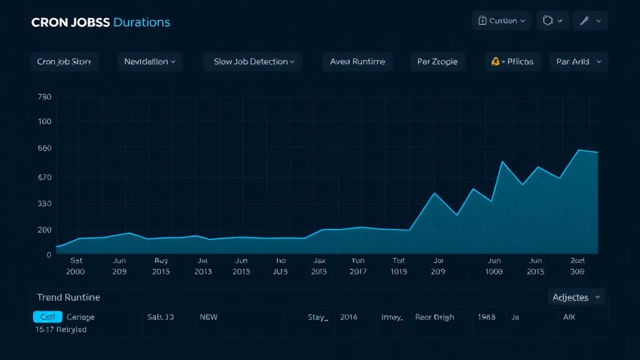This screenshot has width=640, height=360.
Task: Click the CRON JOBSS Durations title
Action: [x=100, y=22]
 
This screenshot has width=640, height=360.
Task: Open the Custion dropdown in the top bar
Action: [x=502, y=21]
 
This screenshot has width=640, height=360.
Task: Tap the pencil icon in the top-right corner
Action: [x=590, y=21]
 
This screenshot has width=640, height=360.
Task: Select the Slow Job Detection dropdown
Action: [x=252, y=61]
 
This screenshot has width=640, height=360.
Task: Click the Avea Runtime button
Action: [x=357, y=61]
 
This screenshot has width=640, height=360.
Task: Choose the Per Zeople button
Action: [x=437, y=61]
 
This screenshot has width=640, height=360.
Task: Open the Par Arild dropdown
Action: [x=578, y=61]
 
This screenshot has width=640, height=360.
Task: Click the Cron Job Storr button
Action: [x=64, y=61]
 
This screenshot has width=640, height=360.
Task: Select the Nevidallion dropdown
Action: [x=150, y=61]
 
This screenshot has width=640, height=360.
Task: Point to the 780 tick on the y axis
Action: [x=44, y=97]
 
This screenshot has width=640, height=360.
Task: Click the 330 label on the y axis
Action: [x=44, y=204]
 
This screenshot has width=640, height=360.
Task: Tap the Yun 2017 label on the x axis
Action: [x=358, y=266]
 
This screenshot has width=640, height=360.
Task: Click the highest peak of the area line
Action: [x=579, y=150]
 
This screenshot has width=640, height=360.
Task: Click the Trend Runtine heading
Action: [x=68, y=297]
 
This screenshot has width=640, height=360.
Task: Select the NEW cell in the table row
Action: [x=208, y=317]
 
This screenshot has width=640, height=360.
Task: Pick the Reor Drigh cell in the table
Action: [x=434, y=317]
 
